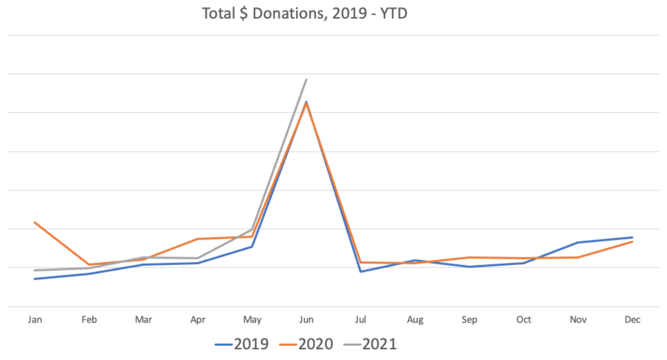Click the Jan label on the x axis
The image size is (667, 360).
pos(35,320)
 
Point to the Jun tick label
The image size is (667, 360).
pos(306,320)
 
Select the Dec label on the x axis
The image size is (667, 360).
pos(632,320)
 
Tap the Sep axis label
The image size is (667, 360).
pos(469,320)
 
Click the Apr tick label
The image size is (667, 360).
pos(198,320)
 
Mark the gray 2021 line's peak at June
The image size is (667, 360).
pos(306,80)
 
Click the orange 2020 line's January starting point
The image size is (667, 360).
pos(35,222)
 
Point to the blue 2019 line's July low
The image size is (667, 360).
pos(361,271)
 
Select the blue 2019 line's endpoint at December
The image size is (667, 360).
pos(632,237)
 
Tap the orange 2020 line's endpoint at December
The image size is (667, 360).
pos(632,241)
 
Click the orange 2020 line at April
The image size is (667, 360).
pos(198,239)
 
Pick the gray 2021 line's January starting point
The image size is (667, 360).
pos(35,270)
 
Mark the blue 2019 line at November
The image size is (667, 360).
pos(578,242)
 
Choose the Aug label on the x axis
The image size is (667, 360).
pos(415,320)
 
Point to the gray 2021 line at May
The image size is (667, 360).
pos(252,230)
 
